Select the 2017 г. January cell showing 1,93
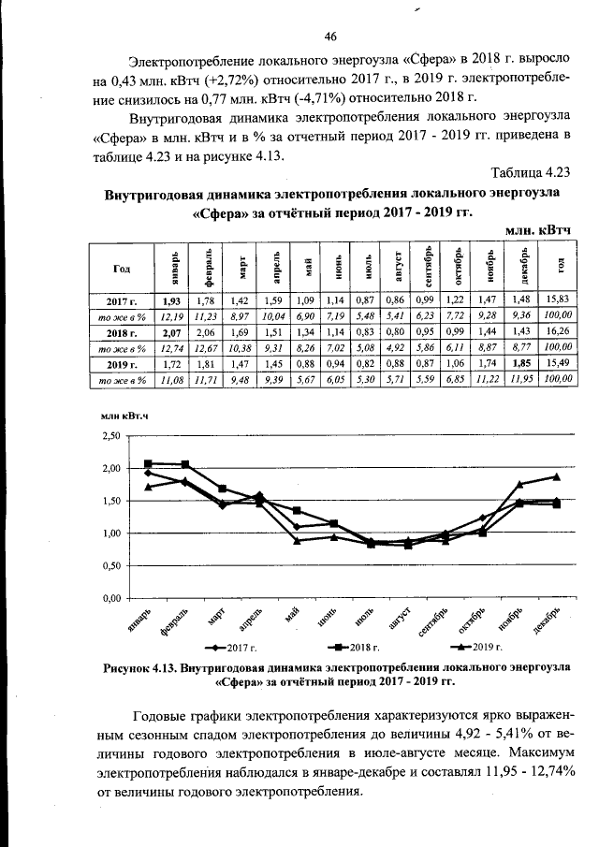click(x=171, y=302)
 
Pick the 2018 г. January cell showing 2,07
click(x=171, y=332)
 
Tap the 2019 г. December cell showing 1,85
click(x=522, y=362)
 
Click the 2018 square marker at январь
click(x=148, y=463)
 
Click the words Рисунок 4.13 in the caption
click(x=142, y=667)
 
